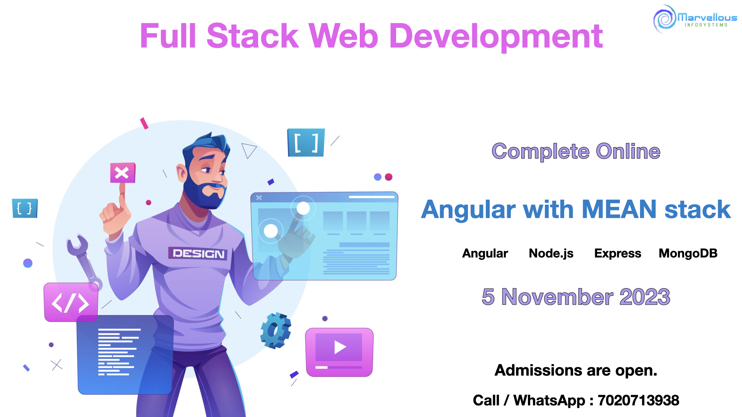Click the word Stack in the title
(253, 36)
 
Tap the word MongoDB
(688, 253)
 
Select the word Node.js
(551, 254)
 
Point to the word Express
(618, 254)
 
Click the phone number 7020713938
(638, 400)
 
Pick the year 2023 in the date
(645, 297)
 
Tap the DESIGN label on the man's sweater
(198, 254)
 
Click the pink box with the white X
(123, 173)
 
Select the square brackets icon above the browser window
(306, 142)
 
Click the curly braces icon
(25, 208)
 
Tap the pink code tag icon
(71, 302)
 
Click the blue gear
(276, 331)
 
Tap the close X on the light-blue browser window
(259, 198)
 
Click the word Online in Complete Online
(628, 151)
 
